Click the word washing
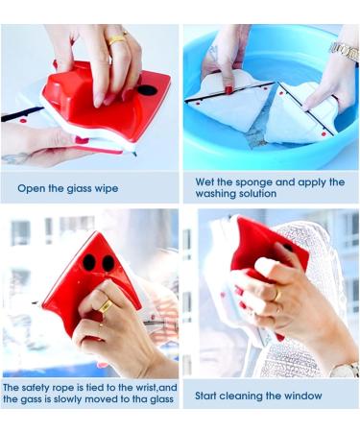[x=218, y=194]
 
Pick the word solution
[x=268, y=194]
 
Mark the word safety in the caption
[x=36, y=388]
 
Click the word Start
[x=209, y=395]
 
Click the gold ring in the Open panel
[x=116, y=39]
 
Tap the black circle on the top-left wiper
[x=147, y=90]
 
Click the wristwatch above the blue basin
[x=343, y=49]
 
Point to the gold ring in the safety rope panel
[x=105, y=306]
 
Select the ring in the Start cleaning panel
[x=276, y=296]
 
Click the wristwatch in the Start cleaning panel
[x=345, y=368]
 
